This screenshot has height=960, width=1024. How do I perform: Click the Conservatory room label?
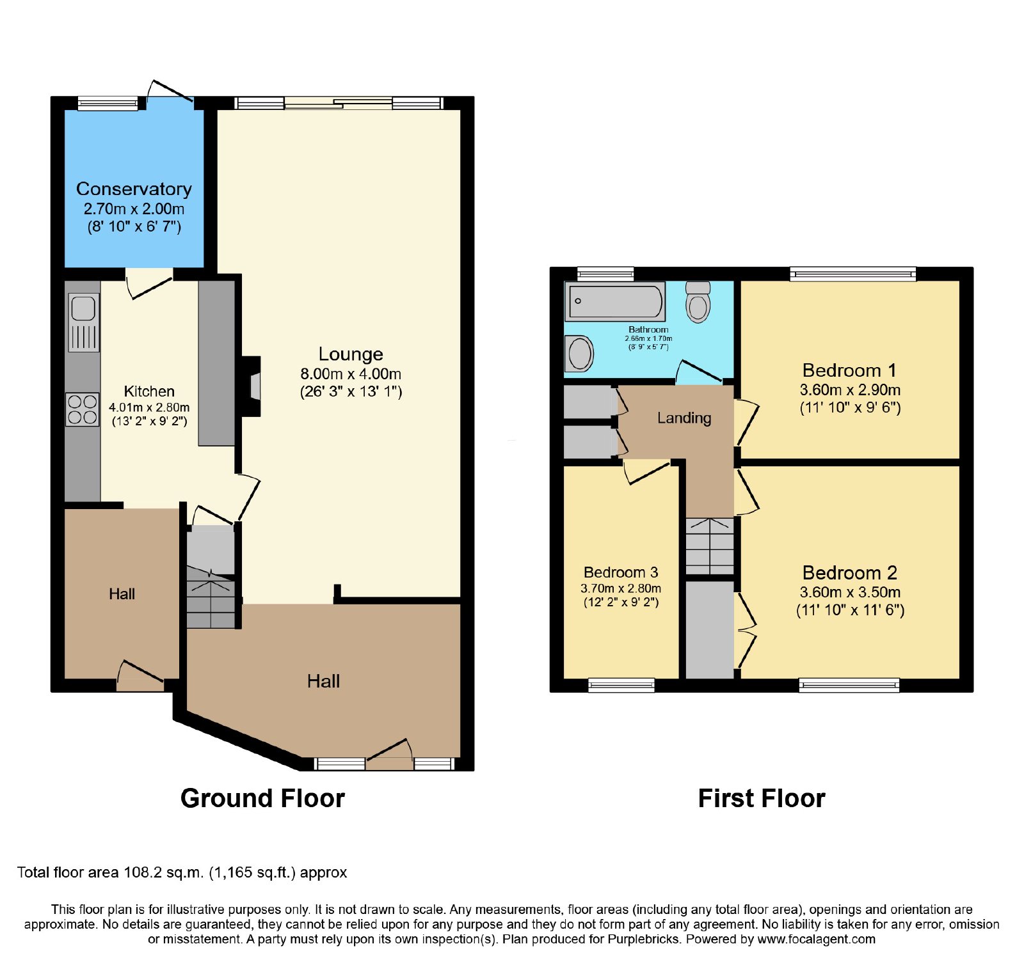(x=134, y=189)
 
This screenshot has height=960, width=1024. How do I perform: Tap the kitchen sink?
(x=83, y=323)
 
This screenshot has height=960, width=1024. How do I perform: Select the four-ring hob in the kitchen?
(x=83, y=409)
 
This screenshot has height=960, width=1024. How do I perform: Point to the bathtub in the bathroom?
(x=615, y=302)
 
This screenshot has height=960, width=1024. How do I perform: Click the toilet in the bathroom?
(x=698, y=302)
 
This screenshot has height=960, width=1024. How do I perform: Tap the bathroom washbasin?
(x=580, y=354)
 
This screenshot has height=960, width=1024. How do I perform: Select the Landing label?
(x=684, y=418)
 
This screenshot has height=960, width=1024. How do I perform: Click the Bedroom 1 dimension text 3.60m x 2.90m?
(x=850, y=390)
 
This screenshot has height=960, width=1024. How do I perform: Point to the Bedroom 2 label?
(x=850, y=572)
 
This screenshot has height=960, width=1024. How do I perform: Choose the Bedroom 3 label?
(x=621, y=572)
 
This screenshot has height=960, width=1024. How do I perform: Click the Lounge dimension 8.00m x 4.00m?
(x=351, y=374)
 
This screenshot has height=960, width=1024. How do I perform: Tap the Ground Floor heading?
(x=262, y=798)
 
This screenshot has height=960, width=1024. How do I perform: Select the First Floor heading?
(x=762, y=798)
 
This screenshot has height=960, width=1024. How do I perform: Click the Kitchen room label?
(x=149, y=391)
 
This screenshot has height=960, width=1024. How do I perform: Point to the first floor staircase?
(x=710, y=546)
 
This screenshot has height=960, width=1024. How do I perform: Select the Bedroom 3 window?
(x=621, y=686)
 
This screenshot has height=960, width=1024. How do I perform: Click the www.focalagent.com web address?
(x=817, y=940)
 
